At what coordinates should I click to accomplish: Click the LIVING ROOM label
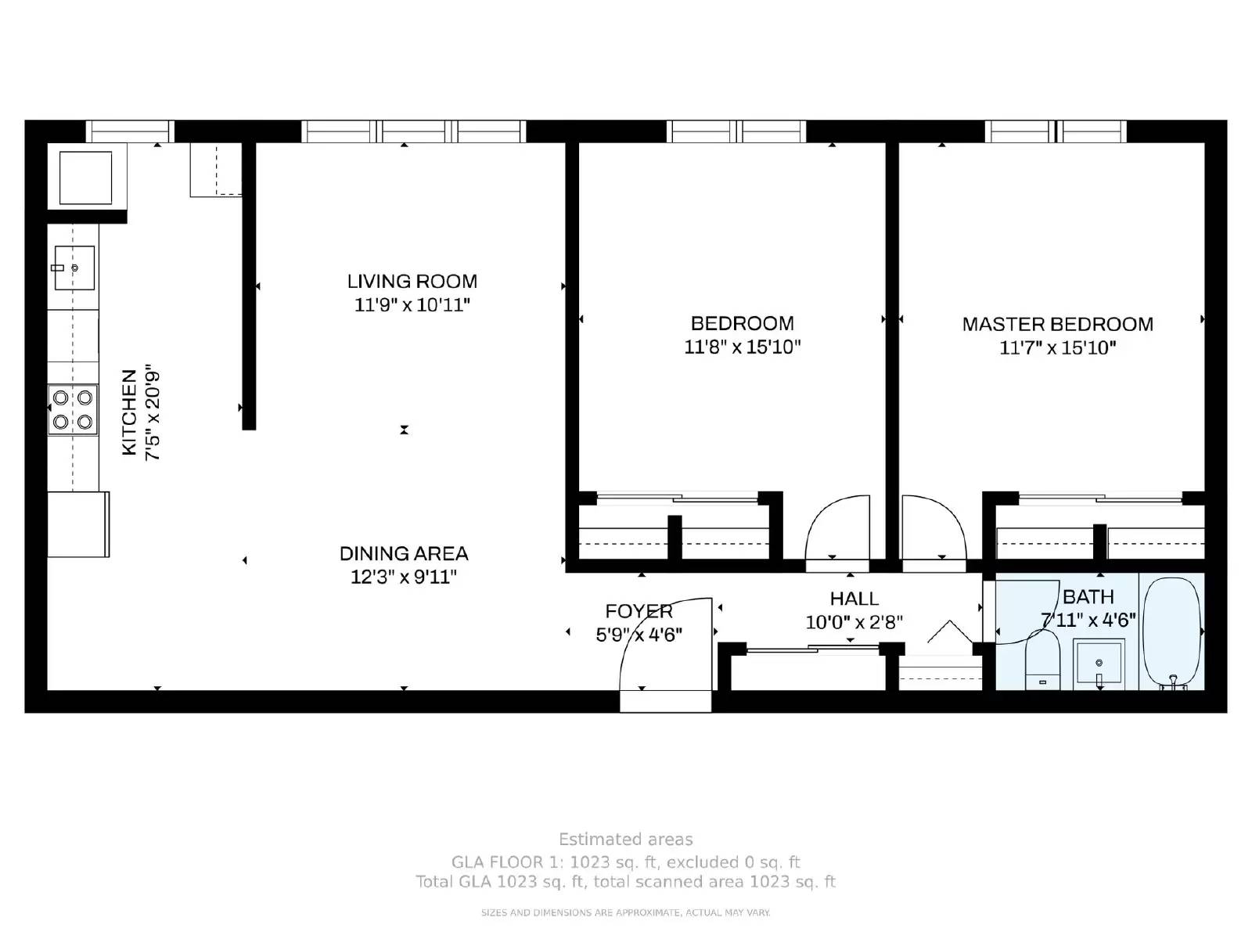tap(412, 281)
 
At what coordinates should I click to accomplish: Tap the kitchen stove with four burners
tap(73, 409)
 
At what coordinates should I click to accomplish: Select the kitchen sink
tap(74, 268)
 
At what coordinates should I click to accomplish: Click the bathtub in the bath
tap(1171, 632)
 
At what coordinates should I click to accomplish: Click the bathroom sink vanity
tap(1099, 664)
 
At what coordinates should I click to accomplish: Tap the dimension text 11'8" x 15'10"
tap(742, 347)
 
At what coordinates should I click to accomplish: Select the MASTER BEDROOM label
tap(1057, 324)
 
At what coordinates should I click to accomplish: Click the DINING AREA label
tap(403, 553)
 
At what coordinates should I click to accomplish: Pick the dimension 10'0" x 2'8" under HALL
tap(854, 622)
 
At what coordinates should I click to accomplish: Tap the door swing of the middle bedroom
tap(837, 528)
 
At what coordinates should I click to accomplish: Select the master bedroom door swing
tap(933, 528)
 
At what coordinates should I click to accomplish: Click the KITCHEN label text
tap(129, 412)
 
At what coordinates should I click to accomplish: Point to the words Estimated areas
tap(625, 840)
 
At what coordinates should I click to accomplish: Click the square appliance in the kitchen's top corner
tap(85, 178)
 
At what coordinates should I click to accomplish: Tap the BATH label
tap(1088, 597)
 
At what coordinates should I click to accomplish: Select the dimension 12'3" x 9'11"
tap(403, 577)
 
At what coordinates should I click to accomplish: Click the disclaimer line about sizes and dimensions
tap(625, 912)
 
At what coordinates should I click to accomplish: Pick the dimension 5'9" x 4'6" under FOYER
tap(639, 635)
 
